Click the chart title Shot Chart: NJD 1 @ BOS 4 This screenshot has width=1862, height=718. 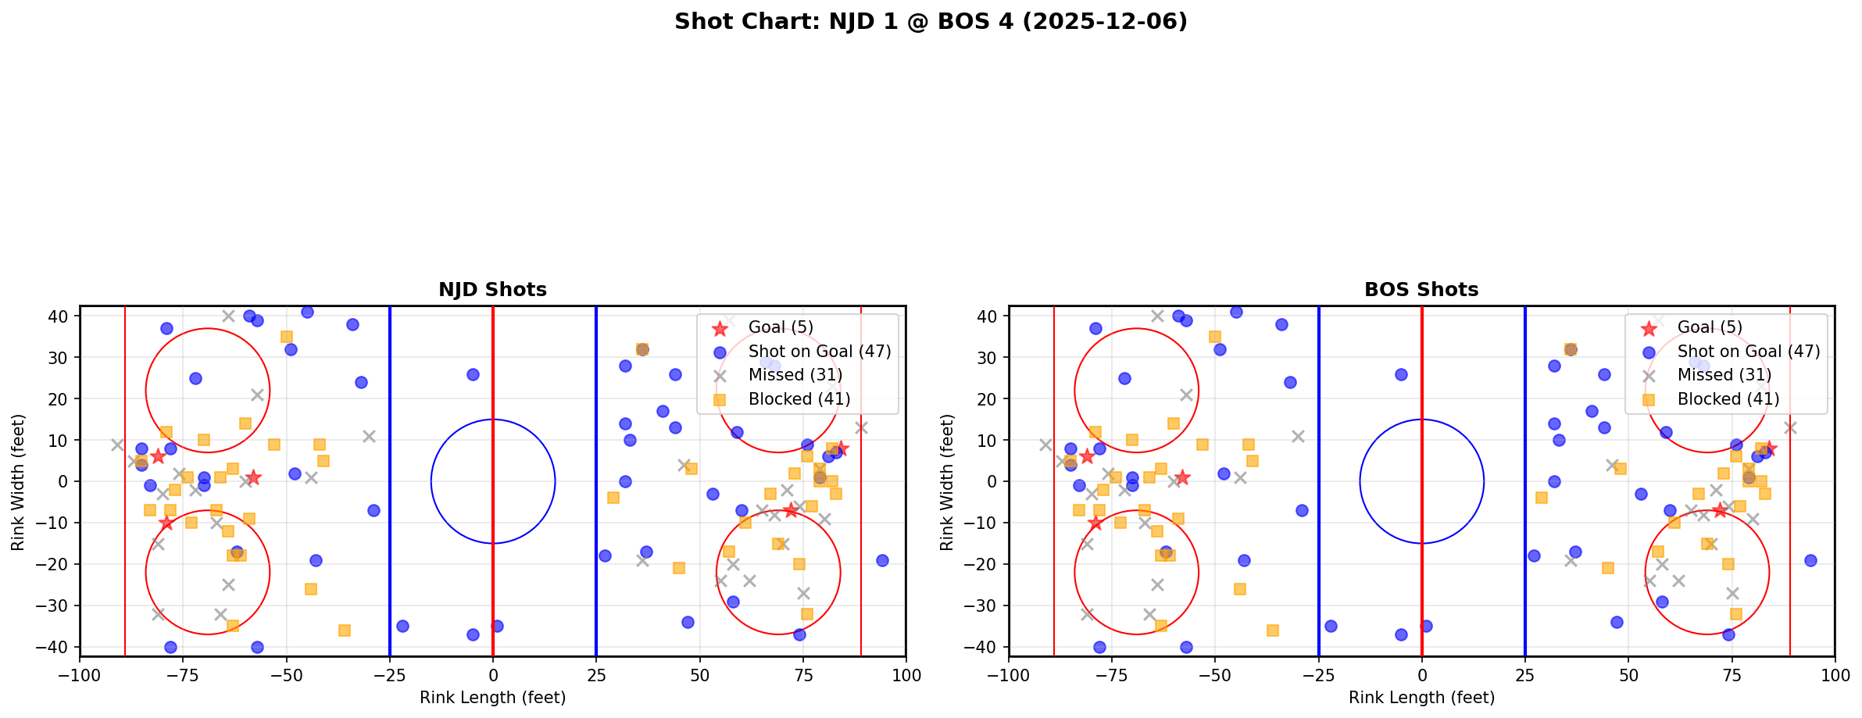931,22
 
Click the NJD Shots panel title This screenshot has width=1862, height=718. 492,290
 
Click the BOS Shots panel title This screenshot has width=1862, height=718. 1421,290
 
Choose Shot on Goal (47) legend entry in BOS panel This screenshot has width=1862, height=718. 1749,352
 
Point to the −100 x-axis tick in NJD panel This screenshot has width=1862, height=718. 80,674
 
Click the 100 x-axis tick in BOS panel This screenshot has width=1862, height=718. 1835,674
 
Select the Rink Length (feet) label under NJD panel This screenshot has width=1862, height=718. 492,698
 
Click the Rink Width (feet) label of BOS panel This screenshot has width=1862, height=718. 947,482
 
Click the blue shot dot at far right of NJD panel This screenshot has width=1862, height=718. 882,560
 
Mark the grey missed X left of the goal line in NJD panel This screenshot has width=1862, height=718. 117,445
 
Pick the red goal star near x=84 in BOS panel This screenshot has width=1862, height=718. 1769,448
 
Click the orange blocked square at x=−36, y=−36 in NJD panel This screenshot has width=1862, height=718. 345,630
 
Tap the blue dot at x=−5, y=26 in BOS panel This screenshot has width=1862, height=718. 1401,374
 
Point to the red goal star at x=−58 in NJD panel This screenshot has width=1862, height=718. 253,477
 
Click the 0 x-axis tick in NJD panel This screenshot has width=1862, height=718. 493,674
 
